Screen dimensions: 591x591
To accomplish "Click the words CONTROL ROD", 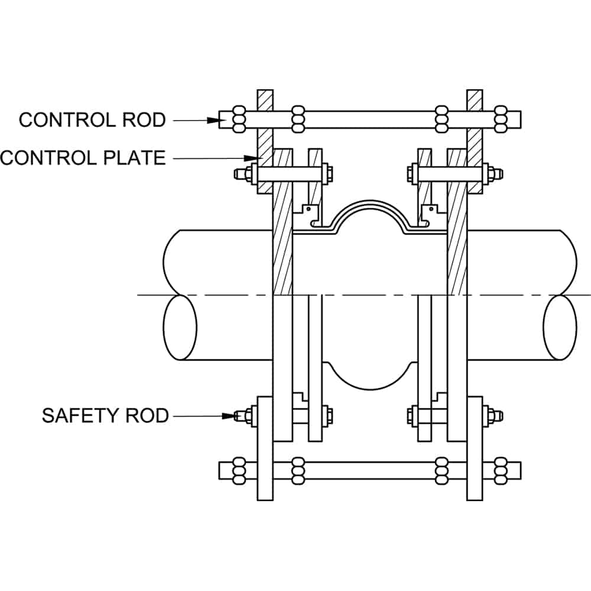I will tap(92, 120).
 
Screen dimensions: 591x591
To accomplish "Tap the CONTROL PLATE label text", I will tap(83, 158).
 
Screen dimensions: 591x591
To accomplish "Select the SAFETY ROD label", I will tap(105, 415).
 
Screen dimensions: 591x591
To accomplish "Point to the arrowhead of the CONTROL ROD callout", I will tap(213, 120).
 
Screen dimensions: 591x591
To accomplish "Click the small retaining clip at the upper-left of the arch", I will tap(310, 212).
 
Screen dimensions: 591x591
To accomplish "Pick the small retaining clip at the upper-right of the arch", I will tap(428, 212).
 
